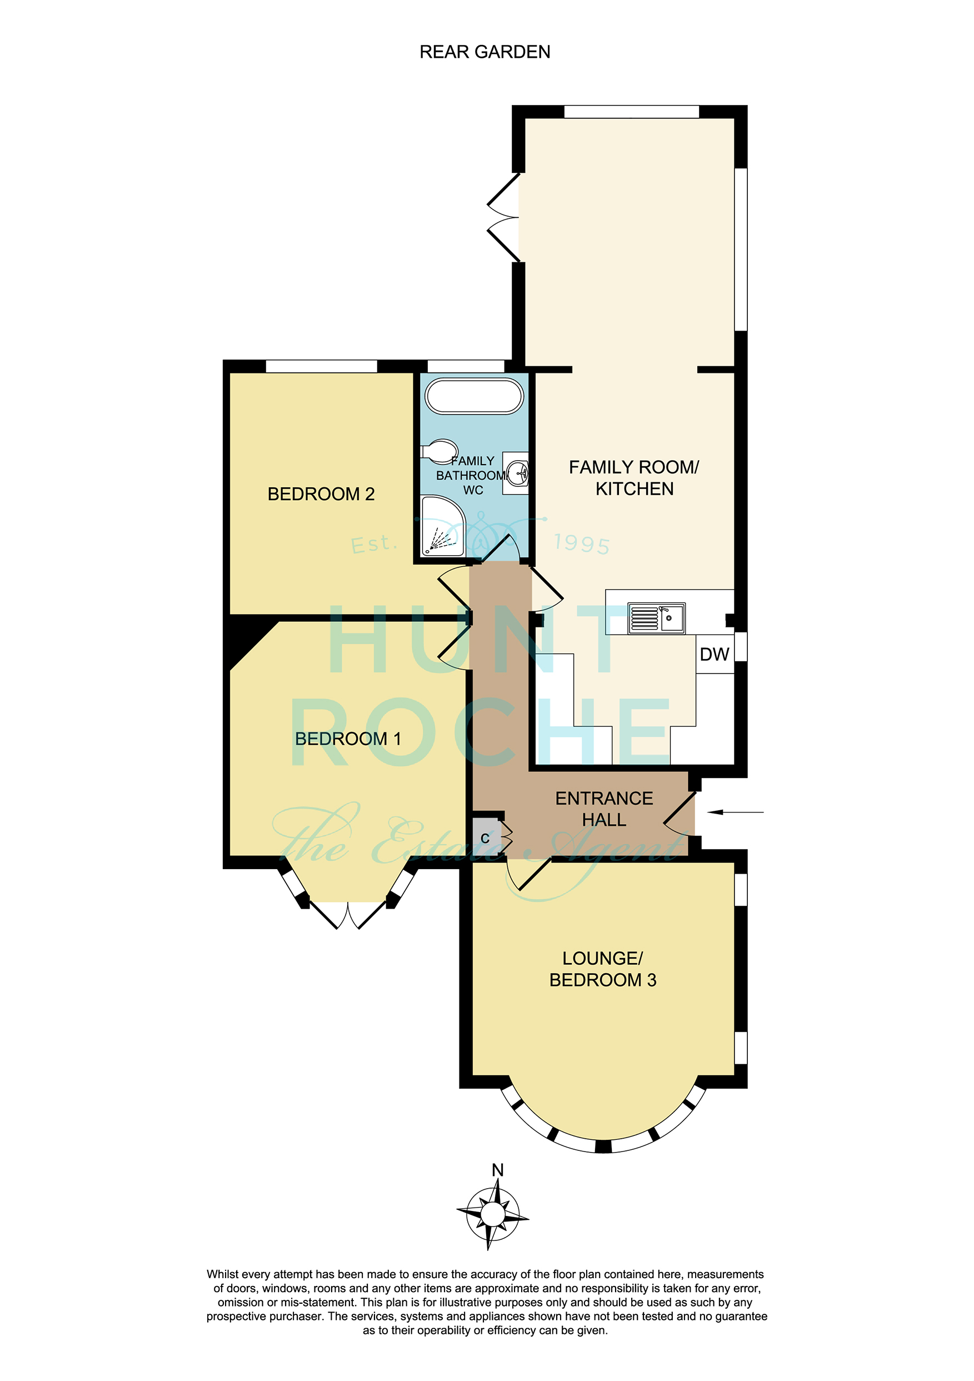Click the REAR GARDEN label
[484, 52]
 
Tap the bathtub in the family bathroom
[474, 396]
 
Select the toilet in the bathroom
[439, 451]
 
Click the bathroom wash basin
[516, 473]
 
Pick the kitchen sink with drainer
[657, 618]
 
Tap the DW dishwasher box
[715, 654]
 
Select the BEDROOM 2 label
[321, 494]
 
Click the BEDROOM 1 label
[347, 739]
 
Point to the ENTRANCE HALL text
[605, 809]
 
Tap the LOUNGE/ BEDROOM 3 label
[602, 969]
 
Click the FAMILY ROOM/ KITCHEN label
[635, 477]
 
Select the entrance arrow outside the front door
[735, 812]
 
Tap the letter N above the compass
[498, 1170]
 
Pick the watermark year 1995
[581, 543]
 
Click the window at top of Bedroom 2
[322, 366]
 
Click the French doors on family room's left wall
[504, 218]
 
